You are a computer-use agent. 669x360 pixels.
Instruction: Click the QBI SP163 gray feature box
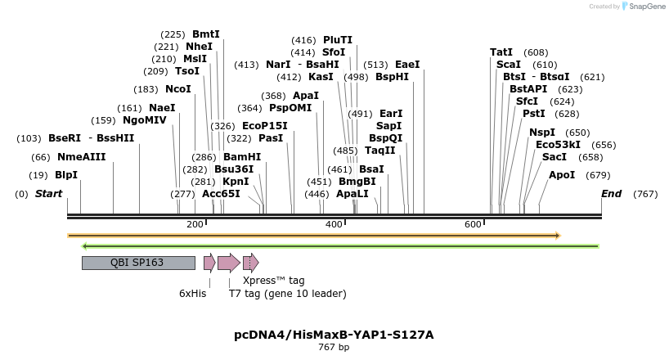click(137, 263)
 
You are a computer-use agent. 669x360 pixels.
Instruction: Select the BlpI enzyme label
click(66, 175)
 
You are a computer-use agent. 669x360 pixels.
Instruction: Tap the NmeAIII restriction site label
click(81, 157)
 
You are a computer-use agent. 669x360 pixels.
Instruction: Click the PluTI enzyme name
click(337, 39)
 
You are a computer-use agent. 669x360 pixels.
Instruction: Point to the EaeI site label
click(407, 65)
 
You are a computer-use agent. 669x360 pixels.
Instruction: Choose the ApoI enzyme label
click(562, 175)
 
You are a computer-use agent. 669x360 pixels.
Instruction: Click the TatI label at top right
click(501, 52)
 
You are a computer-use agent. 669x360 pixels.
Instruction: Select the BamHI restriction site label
click(242, 157)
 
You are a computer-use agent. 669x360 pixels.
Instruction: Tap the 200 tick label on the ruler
click(195, 224)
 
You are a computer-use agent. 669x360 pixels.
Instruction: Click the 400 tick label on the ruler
click(334, 224)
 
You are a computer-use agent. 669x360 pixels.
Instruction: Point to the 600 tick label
click(473, 224)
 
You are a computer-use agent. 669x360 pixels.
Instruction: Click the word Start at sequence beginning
click(49, 194)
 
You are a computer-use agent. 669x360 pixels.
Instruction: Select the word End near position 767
click(611, 194)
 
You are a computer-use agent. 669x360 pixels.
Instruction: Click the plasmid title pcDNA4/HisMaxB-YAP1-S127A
click(334, 335)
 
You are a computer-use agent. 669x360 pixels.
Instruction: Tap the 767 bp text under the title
click(334, 348)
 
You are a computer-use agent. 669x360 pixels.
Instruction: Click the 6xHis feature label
click(193, 293)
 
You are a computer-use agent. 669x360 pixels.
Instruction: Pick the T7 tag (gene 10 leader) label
click(287, 294)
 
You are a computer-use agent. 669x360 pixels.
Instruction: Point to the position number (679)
click(599, 175)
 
